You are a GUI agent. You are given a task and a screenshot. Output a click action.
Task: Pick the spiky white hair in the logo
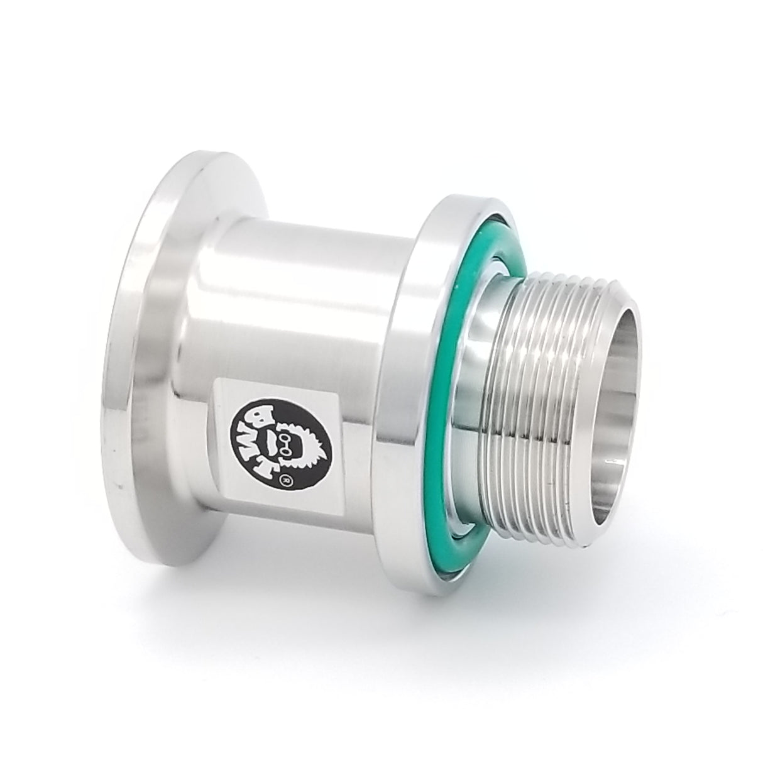pyautogui.click(x=314, y=440)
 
